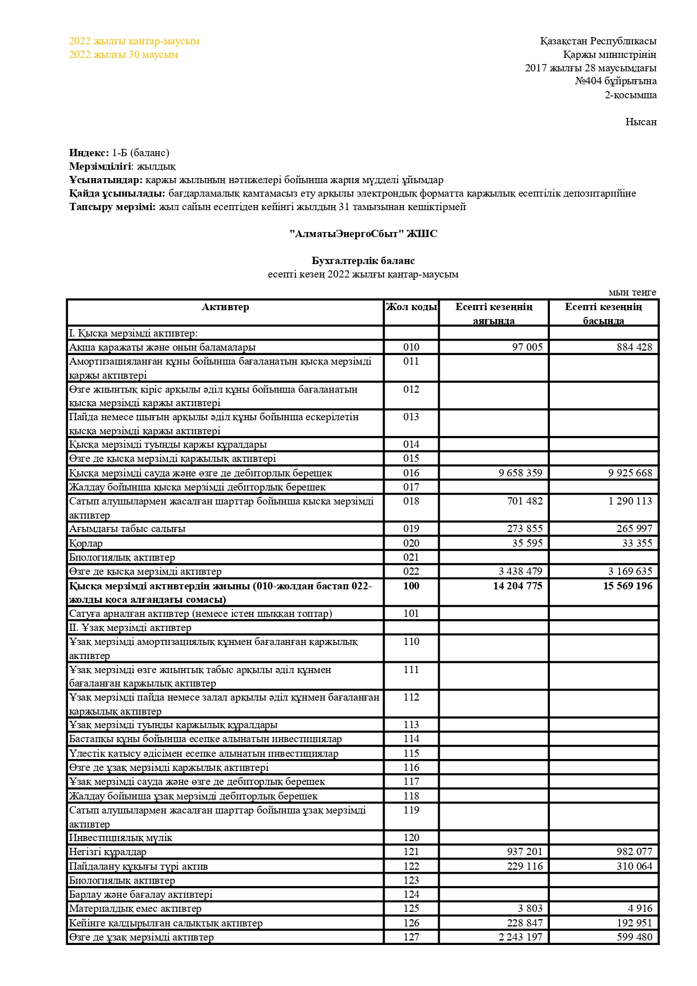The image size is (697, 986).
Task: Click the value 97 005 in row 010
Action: click(x=527, y=347)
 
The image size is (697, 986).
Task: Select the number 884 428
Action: click(x=634, y=347)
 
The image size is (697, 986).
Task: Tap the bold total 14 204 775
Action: click(x=517, y=586)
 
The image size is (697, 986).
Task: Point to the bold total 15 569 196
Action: click(x=627, y=586)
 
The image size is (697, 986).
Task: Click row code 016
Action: click(x=411, y=473)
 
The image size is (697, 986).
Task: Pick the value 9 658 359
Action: click(x=520, y=473)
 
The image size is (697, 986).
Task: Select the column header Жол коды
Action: click(x=411, y=307)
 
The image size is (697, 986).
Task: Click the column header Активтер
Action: click(x=225, y=307)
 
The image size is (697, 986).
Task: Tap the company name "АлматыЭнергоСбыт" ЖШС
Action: click(x=363, y=234)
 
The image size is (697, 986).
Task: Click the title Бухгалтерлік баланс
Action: click(x=363, y=261)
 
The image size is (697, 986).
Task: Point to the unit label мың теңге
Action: click(x=632, y=293)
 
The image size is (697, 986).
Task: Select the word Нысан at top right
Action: click(x=641, y=122)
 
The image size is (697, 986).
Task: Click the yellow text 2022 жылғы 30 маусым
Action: click(x=124, y=54)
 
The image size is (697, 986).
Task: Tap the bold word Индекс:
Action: click(x=89, y=153)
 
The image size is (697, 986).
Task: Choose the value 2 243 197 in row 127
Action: click(x=520, y=937)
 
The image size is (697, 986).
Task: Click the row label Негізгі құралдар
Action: click(x=108, y=852)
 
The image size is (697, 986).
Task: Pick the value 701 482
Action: click(x=525, y=501)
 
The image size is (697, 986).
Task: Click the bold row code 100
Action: click(x=411, y=586)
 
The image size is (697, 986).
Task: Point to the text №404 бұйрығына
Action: click(x=616, y=81)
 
